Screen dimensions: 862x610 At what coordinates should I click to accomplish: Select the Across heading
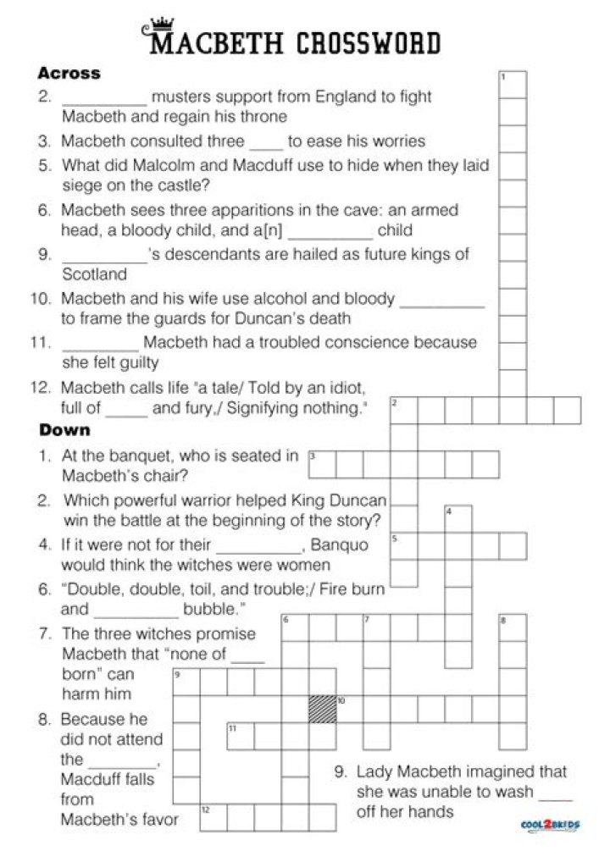(69, 74)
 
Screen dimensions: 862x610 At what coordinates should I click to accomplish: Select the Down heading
(64, 430)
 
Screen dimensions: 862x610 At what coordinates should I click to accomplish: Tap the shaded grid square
(322, 709)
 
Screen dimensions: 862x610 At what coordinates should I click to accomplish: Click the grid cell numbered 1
(513, 85)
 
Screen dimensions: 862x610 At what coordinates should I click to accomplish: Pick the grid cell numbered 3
(322, 464)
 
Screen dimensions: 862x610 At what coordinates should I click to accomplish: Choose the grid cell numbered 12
(213, 817)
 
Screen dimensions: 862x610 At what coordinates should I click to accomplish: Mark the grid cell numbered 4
(458, 519)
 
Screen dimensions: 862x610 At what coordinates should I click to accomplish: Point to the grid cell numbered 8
(513, 627)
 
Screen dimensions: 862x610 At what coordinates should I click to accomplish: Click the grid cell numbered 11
(241, 736)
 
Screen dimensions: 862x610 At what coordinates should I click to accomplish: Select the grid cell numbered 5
(404, 546)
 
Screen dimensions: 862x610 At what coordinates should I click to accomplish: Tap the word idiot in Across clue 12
(344, 388)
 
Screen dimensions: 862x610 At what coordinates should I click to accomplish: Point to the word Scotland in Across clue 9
(94, 274)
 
